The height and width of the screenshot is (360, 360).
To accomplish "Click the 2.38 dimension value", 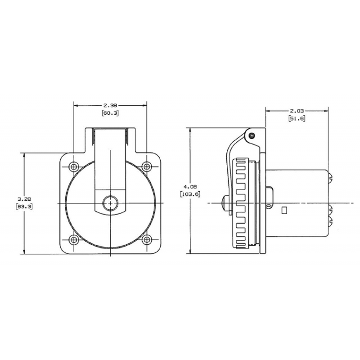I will [x=110, y=106].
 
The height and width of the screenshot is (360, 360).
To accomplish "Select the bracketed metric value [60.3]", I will [x=110, y=113].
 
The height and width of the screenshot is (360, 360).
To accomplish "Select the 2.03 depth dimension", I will [x=297, y=111].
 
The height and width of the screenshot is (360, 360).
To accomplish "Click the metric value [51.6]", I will [x=297, y=118].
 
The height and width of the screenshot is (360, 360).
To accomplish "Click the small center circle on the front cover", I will [x=109, y=203].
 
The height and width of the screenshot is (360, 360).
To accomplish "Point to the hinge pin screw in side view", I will [x=252, y=135].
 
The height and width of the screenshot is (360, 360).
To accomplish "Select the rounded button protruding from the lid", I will [x=225, y=203].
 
